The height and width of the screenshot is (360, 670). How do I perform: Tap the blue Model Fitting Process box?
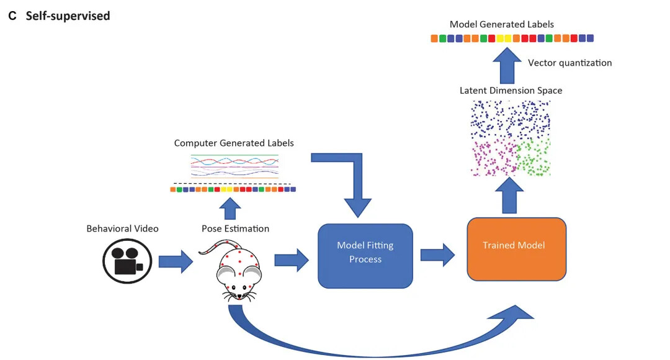tap(365, 256)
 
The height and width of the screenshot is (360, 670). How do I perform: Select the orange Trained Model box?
tap(516, 248)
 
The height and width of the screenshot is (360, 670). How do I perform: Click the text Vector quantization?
tap(569, 63)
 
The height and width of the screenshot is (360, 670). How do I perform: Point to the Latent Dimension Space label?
tap(511, 91)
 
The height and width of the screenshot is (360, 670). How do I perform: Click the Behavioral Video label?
tap(122, 228)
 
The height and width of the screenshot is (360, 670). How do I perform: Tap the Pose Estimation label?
tap(235, 228)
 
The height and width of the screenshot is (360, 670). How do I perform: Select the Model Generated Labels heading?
tap(501, 24)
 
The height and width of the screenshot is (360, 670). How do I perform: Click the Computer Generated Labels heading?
tap(234, 143)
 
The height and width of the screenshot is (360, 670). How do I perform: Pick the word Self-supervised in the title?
tap(68, 16)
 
